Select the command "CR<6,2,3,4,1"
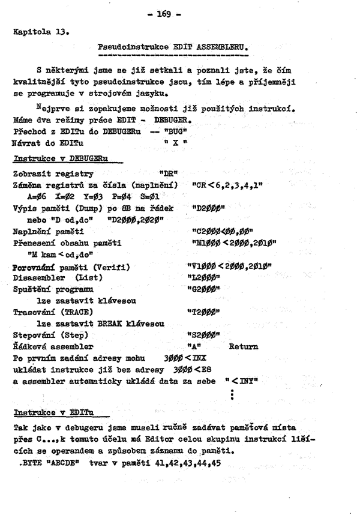226,184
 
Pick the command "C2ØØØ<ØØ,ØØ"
219,231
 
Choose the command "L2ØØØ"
204,277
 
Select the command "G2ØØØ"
204,289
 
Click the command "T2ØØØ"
204,313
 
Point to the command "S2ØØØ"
204,334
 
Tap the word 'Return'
243,346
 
